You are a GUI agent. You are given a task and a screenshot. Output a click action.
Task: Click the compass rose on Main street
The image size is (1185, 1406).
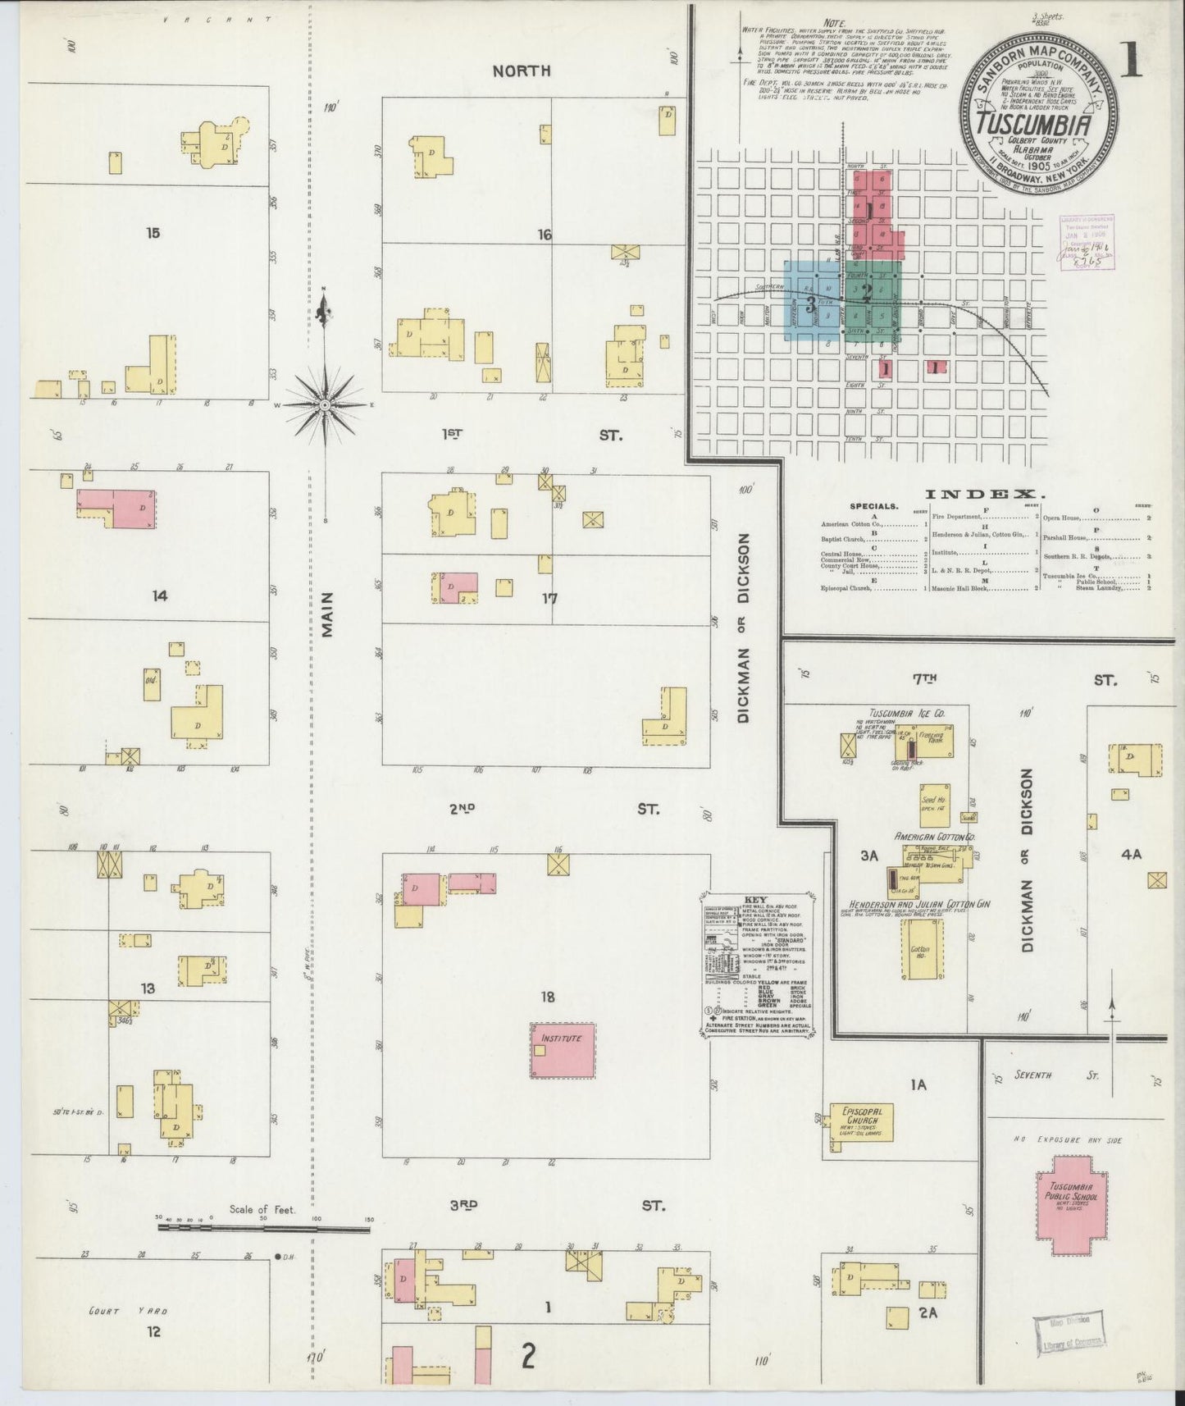click(326, 404)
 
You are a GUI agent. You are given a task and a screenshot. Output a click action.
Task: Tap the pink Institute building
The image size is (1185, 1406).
click(562, 1050)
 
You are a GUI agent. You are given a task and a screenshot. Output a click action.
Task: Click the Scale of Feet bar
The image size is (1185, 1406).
click(262, 1228)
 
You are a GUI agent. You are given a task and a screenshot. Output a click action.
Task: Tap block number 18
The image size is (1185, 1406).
click(548, 997)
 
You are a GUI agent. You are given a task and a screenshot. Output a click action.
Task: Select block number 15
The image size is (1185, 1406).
click(153, 233)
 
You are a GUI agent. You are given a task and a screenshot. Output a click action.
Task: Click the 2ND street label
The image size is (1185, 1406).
click(463, 809)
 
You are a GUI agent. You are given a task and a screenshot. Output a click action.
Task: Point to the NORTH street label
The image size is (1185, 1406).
click(521, 71)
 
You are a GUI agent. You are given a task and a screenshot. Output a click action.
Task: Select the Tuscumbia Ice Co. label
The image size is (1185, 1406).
click(908, 714)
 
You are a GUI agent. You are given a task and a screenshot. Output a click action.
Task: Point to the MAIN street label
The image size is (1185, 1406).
click(328, 615)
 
